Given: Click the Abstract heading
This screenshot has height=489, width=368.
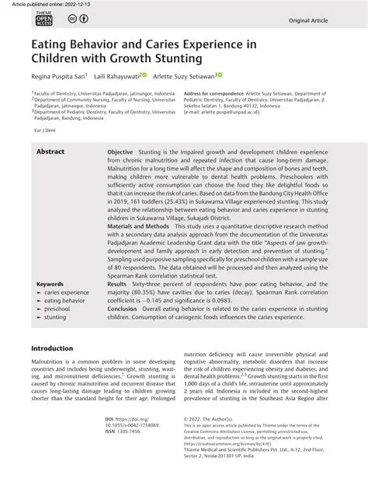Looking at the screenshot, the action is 51,151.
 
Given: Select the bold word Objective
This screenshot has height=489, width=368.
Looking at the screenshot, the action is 120,151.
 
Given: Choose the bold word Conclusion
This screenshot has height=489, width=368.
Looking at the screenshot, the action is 124,307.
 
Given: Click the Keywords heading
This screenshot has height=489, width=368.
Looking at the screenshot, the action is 50,285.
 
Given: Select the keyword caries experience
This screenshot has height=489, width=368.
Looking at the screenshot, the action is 66,292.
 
